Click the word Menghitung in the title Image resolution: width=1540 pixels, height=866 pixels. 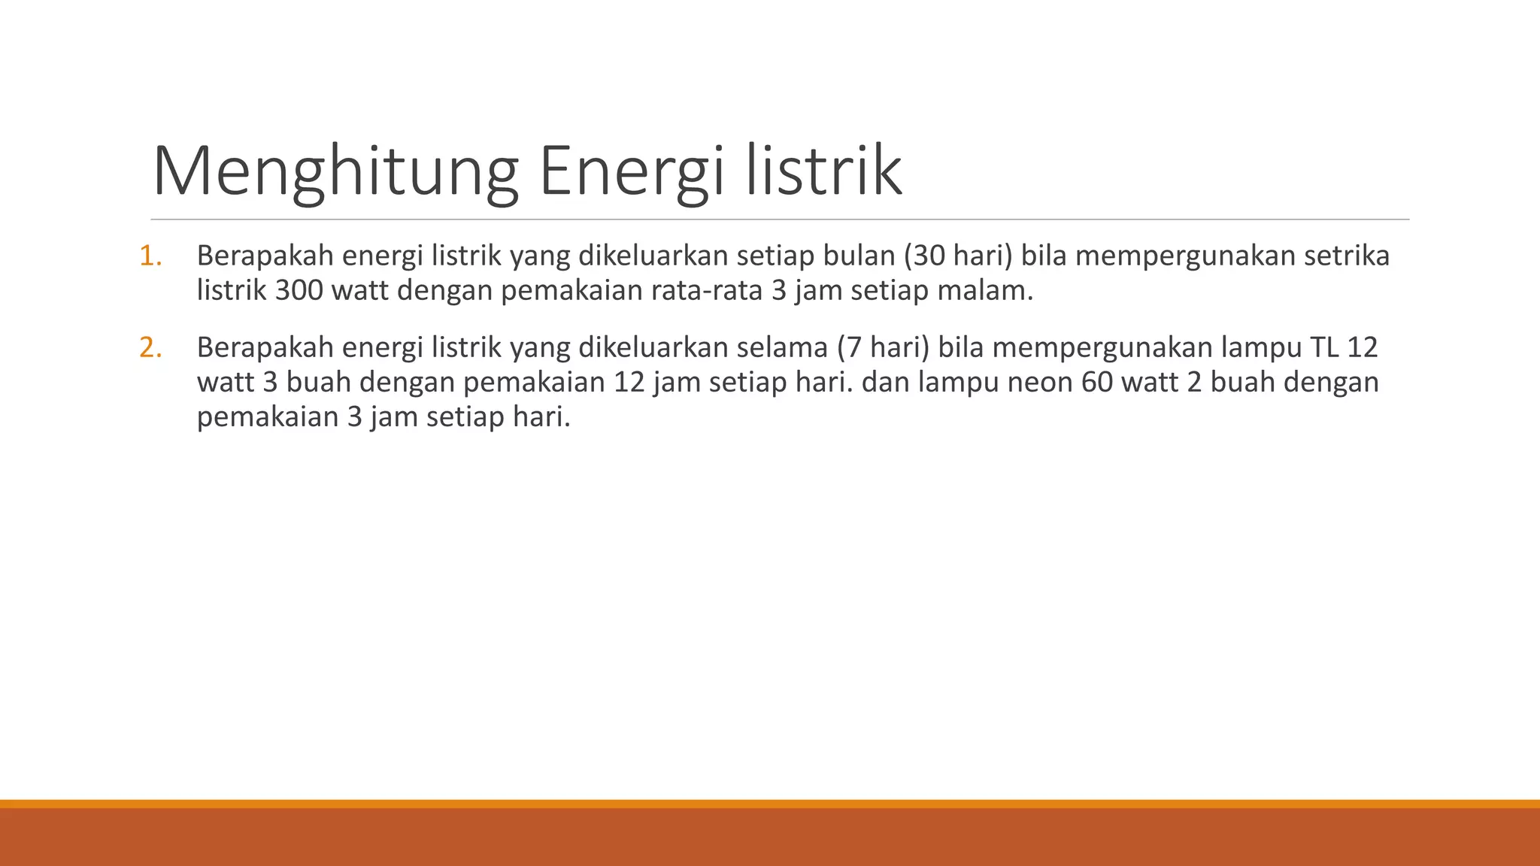pyautogui.click(x=335, y=172)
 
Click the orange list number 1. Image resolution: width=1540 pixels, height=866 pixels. pyautogui.click(x=150, y=256)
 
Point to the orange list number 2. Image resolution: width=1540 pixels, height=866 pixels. pyautogui.click(x=150, y=348)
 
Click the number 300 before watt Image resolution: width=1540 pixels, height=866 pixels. pyautogui.click(x=299, y=291)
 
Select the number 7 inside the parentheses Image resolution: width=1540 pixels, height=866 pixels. pyautogui.click(x=854, y=348)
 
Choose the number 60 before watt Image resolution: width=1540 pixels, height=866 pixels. pyautogui.click(x=1098, y=383)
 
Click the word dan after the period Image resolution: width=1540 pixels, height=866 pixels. pyautogui.click(x=885, y=383)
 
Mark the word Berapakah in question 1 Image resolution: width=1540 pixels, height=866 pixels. pyautogui.click(x=265, y=256)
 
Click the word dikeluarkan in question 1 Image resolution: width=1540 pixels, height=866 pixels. pyautogui.click(x=653, y=256)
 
